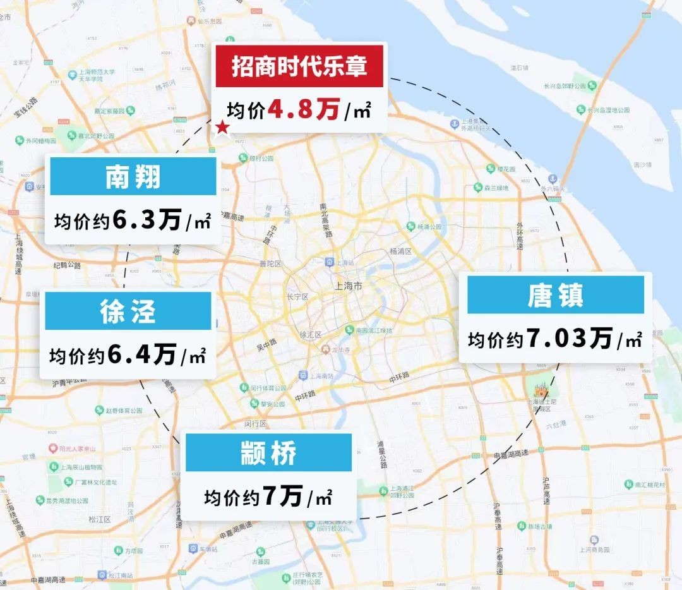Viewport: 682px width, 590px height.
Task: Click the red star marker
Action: [x=223, y=128]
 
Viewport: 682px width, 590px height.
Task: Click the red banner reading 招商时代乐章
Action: [x=299, y=66]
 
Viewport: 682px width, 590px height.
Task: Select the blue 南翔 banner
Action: [x=133, y=178]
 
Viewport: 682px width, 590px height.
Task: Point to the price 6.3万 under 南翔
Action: [x=147, y=220]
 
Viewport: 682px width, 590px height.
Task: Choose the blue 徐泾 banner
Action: [x=128, y=311]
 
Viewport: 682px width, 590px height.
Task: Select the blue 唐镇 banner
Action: [x=556, y=296]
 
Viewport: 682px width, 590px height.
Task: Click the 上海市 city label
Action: [x=350, y=286]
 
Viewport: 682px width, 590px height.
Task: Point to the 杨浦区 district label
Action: [x=400, y=251]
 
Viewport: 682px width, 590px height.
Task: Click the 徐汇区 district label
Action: [x=311, y=334]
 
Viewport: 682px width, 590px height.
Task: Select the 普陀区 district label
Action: [x=270, y=264]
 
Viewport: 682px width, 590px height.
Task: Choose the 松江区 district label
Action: [x=100, y=519]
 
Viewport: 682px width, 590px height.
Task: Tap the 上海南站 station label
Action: [x=318, y=375]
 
